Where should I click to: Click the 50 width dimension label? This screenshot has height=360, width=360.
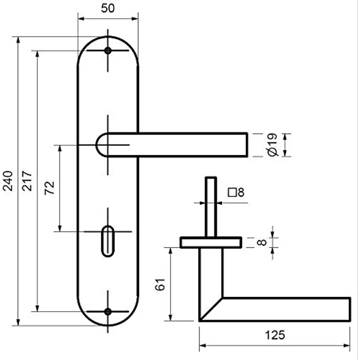coord(108,8)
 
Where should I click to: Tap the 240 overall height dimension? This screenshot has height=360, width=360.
coord(7,181)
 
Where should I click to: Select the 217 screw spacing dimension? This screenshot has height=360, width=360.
coord(27,181)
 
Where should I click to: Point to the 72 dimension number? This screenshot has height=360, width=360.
coord(49,188)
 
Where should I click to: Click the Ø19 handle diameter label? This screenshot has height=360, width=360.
coord(273,145)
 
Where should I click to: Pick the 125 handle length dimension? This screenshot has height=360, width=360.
coord(275,335)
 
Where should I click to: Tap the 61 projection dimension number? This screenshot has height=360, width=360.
coord(160,285)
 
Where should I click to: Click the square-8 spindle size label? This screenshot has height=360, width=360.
coord(236,192)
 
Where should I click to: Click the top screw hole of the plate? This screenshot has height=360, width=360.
coord(108,50)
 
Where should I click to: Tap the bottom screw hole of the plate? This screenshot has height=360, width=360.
coord(108,312)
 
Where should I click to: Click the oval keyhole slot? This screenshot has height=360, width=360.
coord(108,241)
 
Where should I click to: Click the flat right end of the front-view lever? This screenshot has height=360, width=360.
coord(247,145)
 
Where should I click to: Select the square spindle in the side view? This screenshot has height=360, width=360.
coord(211,207)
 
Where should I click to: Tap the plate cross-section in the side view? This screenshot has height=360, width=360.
coord(211,243)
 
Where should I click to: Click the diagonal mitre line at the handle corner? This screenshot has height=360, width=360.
coord(211,309)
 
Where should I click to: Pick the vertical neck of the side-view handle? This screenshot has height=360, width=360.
coord(211,273)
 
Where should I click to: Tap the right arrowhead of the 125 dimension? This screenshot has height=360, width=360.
coord(346,345)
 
